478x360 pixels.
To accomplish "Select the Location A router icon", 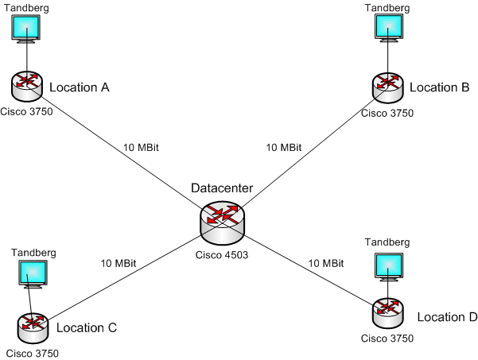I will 28,85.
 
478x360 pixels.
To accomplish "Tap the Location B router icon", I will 388,85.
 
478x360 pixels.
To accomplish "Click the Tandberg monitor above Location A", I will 28,30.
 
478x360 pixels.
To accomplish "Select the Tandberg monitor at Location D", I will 389,267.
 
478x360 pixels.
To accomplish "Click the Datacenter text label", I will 222,188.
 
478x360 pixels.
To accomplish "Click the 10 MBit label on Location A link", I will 141,148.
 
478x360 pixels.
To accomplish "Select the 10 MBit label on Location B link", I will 283,148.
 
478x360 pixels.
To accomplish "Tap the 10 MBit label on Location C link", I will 119,263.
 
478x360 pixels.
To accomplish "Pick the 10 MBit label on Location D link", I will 326,263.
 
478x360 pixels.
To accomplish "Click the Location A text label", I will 79,87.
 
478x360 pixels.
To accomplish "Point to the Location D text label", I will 447,317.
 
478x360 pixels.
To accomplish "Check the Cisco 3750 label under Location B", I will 387,113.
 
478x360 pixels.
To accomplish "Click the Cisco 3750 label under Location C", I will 33,353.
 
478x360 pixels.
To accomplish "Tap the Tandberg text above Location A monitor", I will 28,6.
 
